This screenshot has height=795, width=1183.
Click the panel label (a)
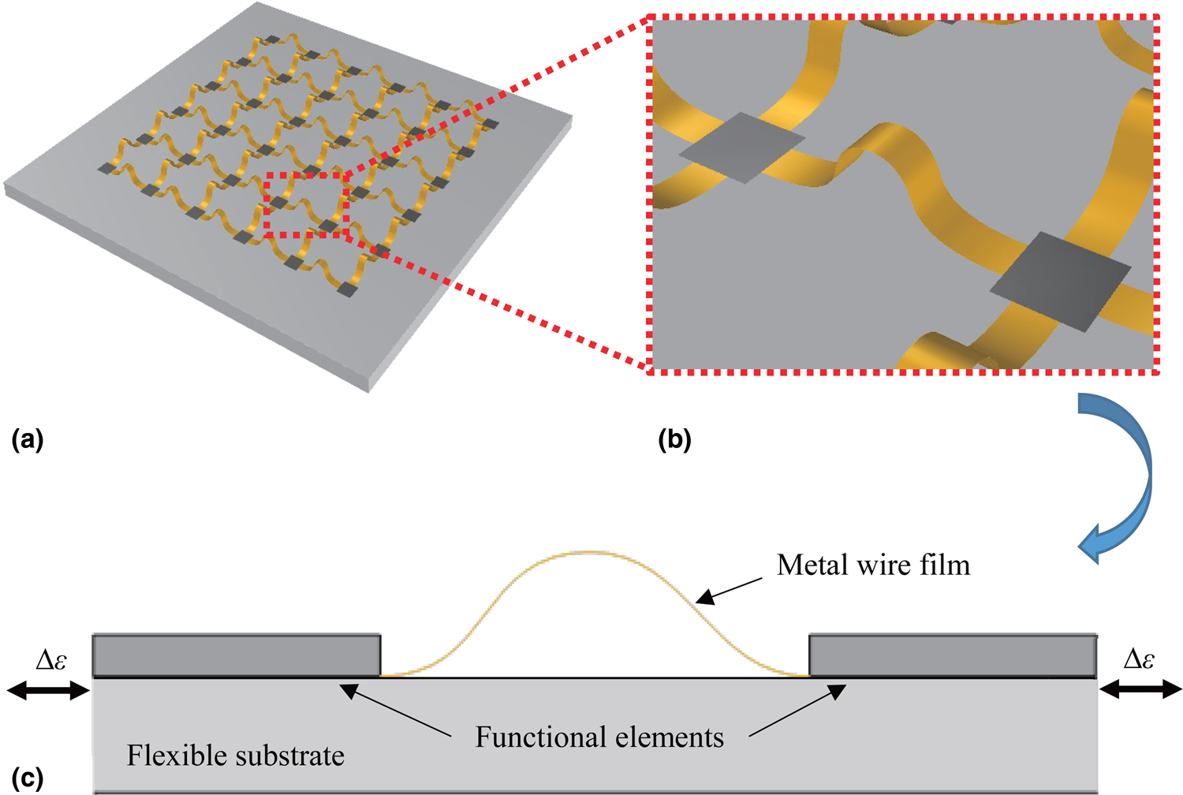[28, 439]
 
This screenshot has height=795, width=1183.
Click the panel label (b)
[674, 439]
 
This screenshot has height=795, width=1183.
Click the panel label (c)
[28, 778]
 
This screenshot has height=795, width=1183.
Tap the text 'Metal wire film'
[873, 565]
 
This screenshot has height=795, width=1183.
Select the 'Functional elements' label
[599, 737]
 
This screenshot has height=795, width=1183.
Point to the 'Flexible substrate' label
[235, 756]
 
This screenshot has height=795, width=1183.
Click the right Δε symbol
[1138, 659]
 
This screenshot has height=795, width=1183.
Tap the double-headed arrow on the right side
[1140, 690]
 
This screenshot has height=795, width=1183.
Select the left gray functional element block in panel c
[237, 655]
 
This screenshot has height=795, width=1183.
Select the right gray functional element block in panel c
[953, 655]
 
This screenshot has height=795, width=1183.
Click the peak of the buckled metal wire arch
[594, 552]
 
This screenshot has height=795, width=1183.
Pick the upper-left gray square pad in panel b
[741, 147]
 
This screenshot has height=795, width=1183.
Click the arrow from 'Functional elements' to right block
[797, 711]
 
